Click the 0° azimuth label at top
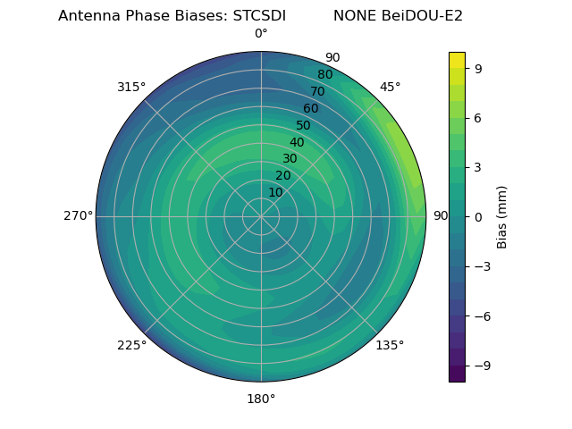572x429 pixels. [261, 34]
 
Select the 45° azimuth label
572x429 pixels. [390, 87]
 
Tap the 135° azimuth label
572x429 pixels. [390, 345]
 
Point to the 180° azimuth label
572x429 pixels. [261, 399]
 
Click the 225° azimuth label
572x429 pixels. [131, 346]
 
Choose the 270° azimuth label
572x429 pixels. [78, 216]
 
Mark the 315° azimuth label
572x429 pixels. [131, 87]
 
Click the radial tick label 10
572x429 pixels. [275, 192]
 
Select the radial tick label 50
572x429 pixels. [304, 126]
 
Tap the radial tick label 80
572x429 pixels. [325, 75]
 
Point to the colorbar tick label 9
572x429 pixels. [479, 68]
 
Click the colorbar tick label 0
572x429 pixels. [479, 217]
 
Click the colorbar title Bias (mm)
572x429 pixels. [502, 217]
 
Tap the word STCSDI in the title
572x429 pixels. [259, 16]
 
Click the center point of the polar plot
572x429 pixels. [261, 216]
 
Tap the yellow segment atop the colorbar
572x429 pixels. [457, 60]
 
